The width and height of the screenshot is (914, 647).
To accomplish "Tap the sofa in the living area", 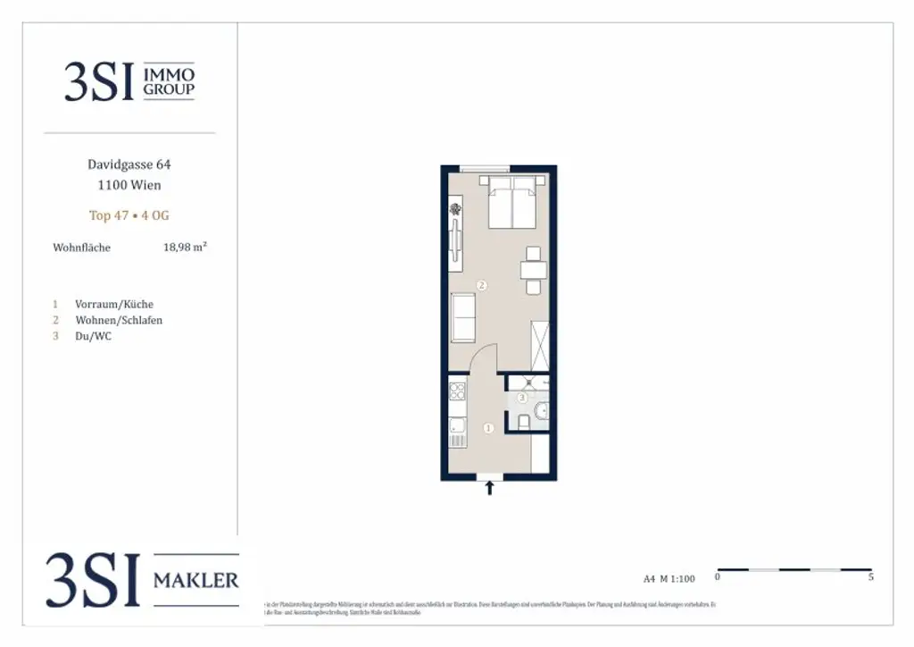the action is coord(462,317).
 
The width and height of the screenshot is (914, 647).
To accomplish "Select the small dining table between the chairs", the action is coord(534,271).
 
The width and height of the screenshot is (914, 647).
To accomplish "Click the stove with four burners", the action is coord(457,391).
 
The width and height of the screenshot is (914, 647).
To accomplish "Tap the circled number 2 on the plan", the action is coord(482,286).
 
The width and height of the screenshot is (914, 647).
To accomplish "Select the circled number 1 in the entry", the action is coord(488,429).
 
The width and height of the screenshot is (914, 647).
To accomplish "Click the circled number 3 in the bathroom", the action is coord(522,398).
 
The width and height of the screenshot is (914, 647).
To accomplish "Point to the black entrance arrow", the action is coord(488,488).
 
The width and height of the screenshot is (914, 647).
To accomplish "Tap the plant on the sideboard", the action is coord(456,209).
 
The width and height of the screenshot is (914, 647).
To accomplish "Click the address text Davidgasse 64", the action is coord(129,164).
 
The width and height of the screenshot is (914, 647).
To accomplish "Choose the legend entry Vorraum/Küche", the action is coord(114,304).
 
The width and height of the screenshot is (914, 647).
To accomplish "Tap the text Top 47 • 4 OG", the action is coord(129,215).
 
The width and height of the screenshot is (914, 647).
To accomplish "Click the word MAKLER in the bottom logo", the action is coord(196,581).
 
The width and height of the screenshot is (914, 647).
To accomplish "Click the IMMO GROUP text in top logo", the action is coord(169,80).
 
